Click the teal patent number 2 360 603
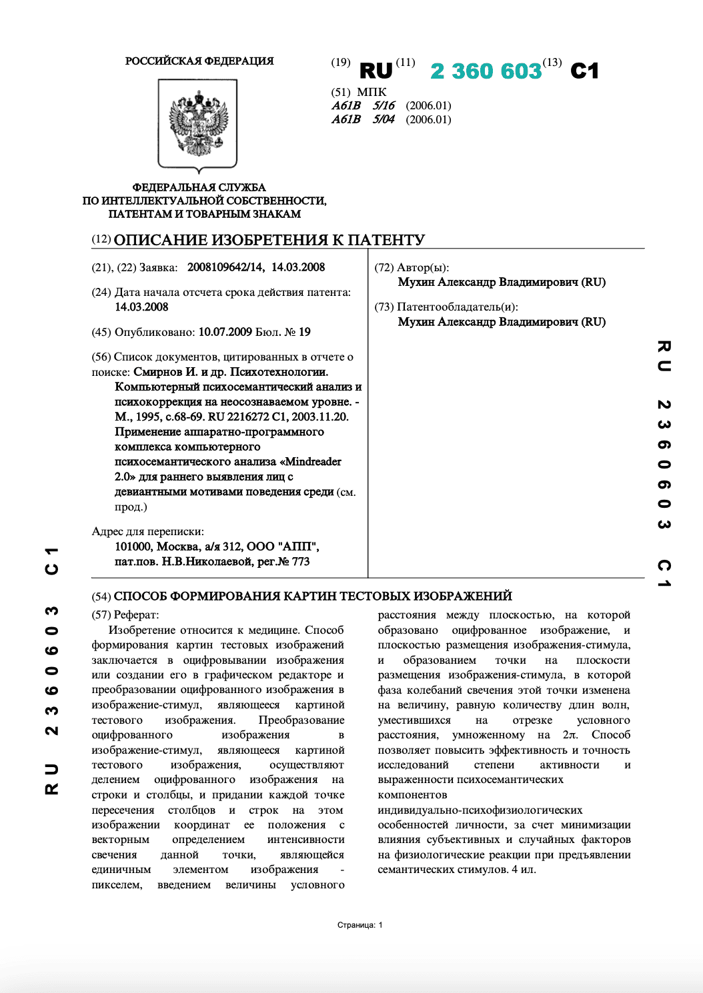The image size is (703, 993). click(x=485, y=71)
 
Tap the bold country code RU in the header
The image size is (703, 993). click(x=376, y=71)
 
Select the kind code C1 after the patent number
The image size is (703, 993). click(x=584, y=71)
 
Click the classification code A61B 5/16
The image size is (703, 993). click(x=364, y=106)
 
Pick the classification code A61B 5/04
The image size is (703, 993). click(x=364, y=120)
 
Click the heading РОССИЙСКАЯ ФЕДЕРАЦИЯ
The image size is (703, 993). click(x=199, y=61)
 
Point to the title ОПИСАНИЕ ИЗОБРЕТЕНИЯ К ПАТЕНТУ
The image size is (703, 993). click(x=269, y=240)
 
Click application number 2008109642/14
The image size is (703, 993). click(x=225, y=267)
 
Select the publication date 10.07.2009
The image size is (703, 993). click(x=225, y=332)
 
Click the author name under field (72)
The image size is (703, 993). click(x=502, y=282)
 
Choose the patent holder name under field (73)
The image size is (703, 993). click(x=502, y=322)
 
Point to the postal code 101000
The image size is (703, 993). click(x=133, y=546)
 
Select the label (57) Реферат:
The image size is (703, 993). click(x=125, y=615)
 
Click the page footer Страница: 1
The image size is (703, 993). click(x=360, y=925)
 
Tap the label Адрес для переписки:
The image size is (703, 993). click(x=147, y=532)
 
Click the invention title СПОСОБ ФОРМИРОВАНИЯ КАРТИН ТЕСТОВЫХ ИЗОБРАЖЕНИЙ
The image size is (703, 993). click(x=313, y=596)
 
